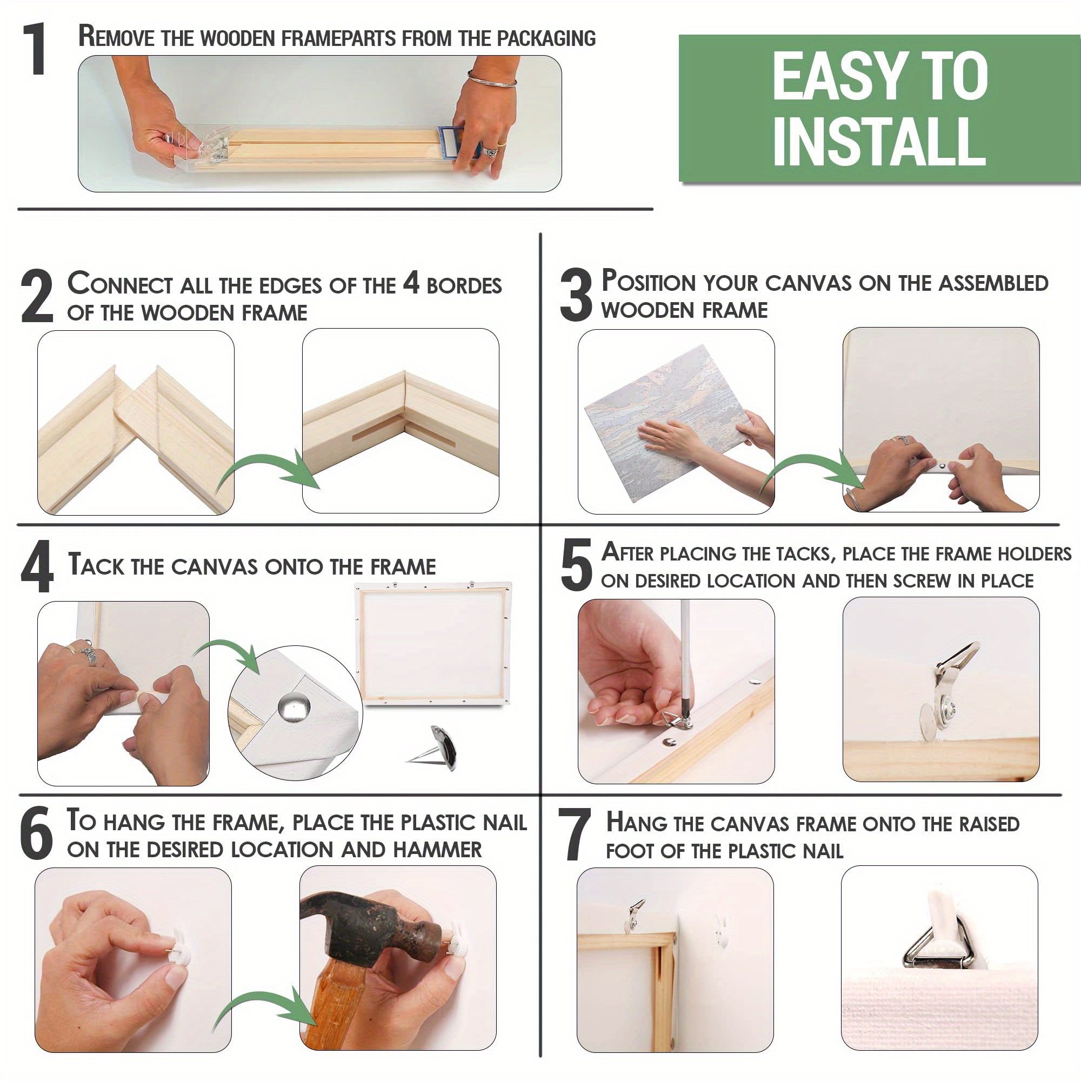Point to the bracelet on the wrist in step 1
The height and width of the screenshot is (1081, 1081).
(x=492, y=79)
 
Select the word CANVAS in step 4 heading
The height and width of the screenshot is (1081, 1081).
(x=216, y=566)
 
